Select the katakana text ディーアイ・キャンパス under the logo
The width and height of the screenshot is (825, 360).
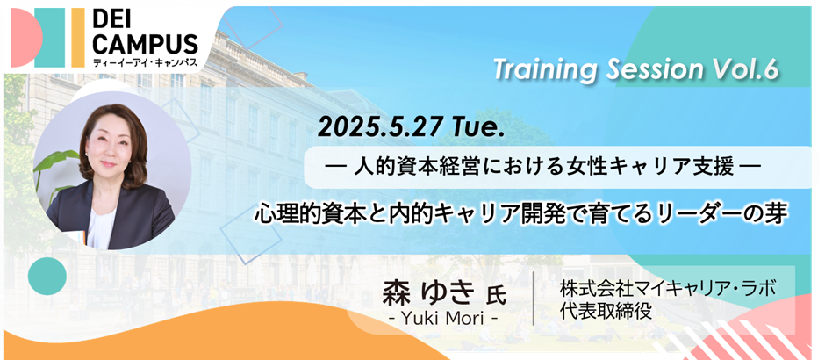(145, 62)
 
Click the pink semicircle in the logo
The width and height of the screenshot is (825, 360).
(25, 38)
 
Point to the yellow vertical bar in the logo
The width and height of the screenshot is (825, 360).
(78, 38)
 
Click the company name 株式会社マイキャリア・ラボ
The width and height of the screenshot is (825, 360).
(668, 288)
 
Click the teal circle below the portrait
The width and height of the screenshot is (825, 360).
(47, 276)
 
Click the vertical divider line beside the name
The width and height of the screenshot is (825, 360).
(534, 299)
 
